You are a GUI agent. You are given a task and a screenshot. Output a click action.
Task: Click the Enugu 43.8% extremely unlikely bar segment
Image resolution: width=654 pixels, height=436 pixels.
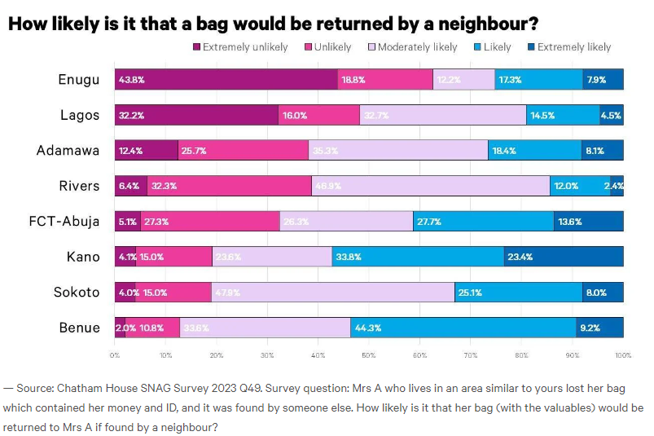(x=226, y=79)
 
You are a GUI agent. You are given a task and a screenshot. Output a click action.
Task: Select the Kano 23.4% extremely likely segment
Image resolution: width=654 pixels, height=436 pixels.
(x=564, y=257)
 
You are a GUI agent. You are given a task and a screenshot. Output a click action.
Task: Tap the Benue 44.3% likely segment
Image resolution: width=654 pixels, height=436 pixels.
(x=463, y=328)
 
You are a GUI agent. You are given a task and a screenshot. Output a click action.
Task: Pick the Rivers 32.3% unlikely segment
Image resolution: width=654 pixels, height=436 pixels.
(x=230, y=186)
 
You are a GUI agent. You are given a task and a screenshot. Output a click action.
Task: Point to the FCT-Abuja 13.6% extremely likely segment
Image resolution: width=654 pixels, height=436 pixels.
(x=589, y=222)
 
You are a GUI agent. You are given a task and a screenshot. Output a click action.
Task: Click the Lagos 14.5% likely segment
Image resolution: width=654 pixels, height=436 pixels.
(x=563, y=115)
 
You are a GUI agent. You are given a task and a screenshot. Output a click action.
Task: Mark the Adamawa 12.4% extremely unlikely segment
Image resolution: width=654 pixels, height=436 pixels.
(x=146, y=150)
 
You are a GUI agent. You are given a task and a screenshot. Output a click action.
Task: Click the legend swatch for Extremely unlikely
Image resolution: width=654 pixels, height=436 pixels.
(x=197, y=47)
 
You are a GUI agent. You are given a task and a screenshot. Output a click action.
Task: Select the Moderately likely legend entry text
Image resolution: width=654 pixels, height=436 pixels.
(x=418, y=47)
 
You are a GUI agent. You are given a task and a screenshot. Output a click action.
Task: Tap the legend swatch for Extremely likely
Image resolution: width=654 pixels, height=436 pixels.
(x=532, y=47)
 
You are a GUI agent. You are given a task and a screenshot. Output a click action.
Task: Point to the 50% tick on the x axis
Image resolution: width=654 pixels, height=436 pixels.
(x=369, y=355)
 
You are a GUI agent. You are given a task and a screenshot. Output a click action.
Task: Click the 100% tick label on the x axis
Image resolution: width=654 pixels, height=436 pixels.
(x=623, y=355)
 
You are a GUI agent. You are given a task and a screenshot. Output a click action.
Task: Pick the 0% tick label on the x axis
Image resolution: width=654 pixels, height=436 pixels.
(x=115, y=355)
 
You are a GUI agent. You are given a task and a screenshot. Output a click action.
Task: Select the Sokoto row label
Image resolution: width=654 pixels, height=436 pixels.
(x=77, y=293)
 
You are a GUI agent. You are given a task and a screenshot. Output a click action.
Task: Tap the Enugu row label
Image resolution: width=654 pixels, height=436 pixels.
(x=79, y=79)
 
